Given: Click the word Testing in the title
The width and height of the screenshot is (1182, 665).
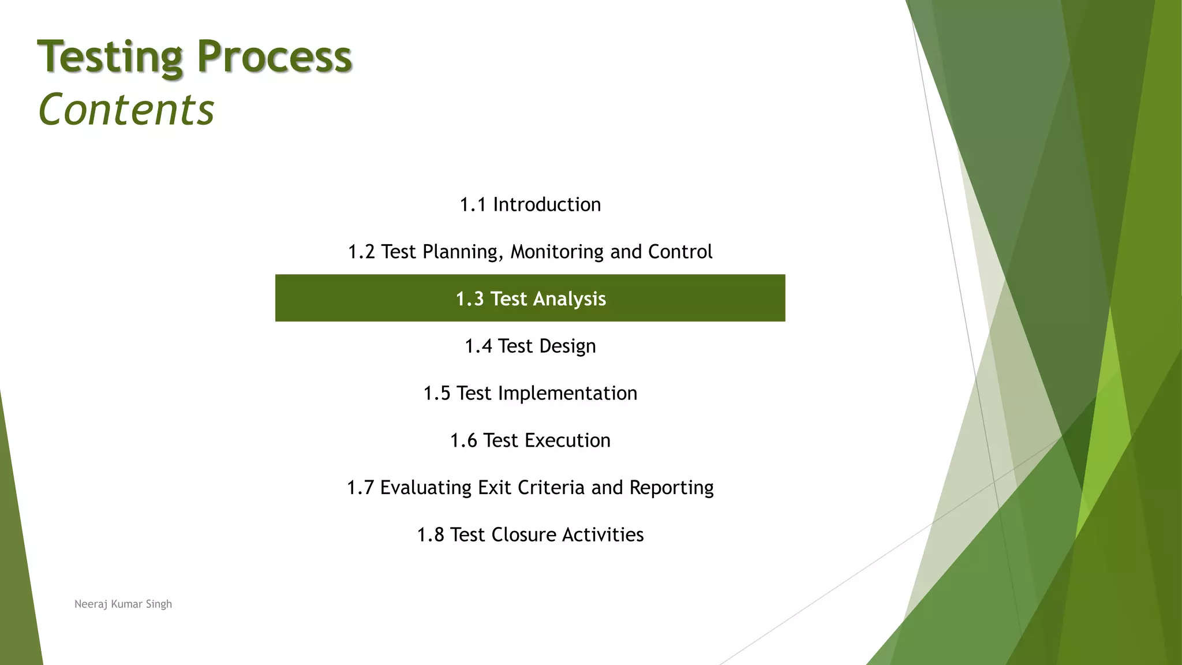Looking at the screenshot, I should (110, 58).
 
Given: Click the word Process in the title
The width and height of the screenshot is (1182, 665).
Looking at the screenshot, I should (274, 57).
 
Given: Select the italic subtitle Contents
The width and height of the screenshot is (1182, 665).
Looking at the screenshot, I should (126, 110).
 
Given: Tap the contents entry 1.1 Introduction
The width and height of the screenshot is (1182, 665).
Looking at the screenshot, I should (530, 205).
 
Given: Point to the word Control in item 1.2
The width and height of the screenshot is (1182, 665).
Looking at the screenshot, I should (680, 252).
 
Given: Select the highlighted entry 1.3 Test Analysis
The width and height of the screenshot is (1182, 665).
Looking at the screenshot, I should (530, 298).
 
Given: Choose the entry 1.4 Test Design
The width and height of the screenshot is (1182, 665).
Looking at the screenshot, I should (530, 346).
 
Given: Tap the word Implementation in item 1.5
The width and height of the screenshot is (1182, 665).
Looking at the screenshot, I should (567, 394).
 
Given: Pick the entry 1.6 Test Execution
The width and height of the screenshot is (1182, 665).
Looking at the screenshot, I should (530, 441).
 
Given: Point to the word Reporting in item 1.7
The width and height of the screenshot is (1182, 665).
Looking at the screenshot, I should (671, 488).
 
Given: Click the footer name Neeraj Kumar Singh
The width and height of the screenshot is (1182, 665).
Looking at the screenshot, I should (123, 604).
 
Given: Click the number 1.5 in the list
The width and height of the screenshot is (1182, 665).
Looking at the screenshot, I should (436, 394).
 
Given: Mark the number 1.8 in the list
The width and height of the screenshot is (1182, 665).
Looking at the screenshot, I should (430, 535).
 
